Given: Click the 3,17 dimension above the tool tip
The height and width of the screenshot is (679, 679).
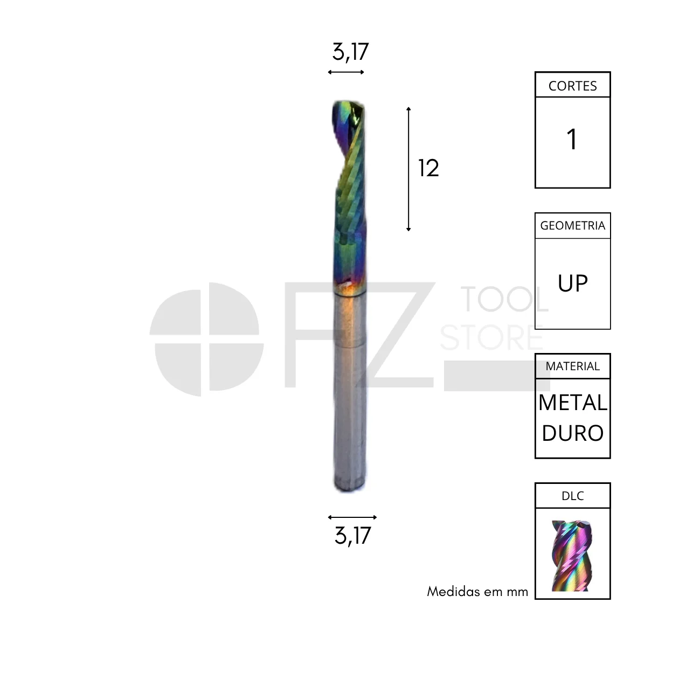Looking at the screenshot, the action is point(350,52).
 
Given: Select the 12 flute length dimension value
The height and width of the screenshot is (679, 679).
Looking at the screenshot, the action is point(428,168).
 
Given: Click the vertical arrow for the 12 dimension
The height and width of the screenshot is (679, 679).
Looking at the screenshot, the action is point(408,169).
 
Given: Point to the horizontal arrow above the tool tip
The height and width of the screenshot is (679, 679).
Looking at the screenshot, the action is point(345,72).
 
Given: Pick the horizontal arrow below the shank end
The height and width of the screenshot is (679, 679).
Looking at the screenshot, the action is point(352,517).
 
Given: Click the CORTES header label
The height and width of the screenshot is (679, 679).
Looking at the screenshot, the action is point(573,86).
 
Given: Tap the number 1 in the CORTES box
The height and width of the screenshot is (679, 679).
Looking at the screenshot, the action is point(572,139).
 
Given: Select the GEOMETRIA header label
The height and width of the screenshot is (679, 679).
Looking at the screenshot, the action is point(573,225).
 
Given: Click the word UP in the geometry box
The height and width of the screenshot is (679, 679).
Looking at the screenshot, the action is point(573,283).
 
